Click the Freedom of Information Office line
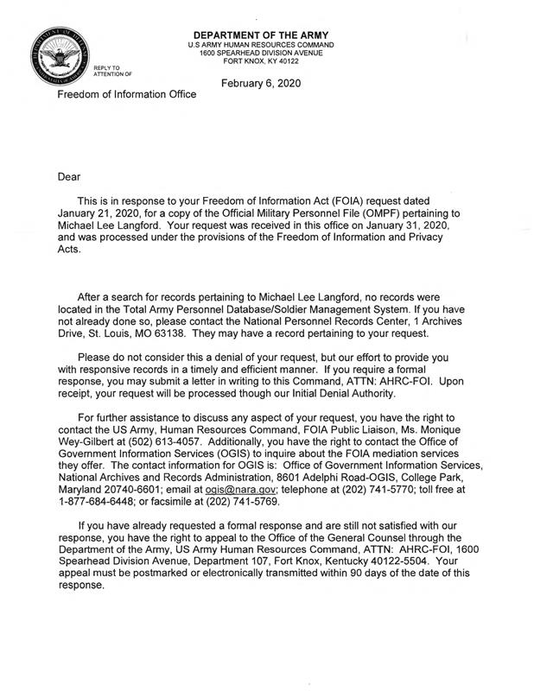click(126, 94)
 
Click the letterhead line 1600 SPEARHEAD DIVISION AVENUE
click(261, 53)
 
